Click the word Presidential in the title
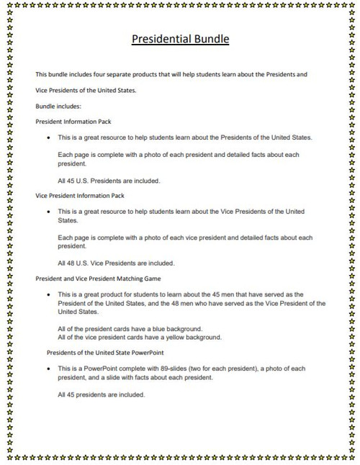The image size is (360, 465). [x=160, y=39]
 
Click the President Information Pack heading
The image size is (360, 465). [x=73, y=122]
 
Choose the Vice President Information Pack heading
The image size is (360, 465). [x=80, y=195]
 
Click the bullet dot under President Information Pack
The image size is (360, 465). [x=48, y=137]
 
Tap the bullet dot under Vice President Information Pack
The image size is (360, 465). [x=48, y=212]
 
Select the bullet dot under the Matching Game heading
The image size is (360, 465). [x=48, y=295]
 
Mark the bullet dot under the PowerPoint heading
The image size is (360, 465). [x=48, y=369]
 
